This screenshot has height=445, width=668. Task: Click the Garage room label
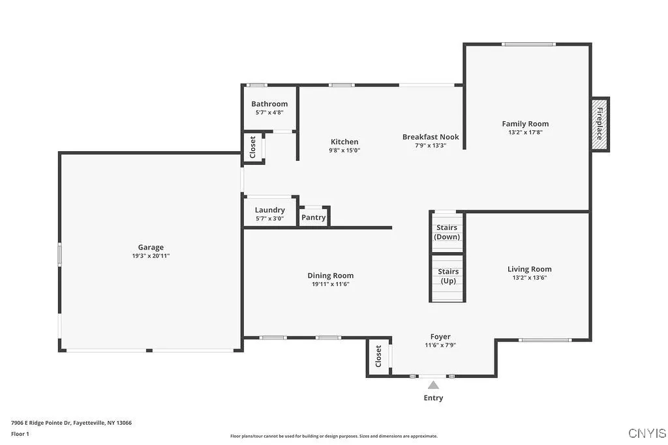pyautogui.click(x=150, y=247)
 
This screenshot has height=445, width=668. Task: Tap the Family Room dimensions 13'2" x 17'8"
pyautogui.click(x=525, y=132)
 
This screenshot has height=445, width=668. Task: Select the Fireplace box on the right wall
pyautogui.click(x=600, y=124)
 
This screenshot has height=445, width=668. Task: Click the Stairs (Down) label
pyautogui.click(x=448, y=233)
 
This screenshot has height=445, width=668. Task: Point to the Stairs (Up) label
pyautogui.click(x=448, y=276)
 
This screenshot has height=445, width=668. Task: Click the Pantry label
pyautogui.click(x=314, y=218)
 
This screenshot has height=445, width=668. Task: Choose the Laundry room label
pyautogui.click(x=269, y=210)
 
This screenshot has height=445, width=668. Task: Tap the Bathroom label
pyautogui.click(x=269, y=104)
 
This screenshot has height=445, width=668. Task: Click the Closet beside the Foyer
pyautogui.click(x=378, y=357)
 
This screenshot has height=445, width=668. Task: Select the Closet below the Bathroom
pyautogui.click(x=253, y=147)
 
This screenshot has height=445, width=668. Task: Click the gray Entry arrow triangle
pyautogui.click(x=433, y=386)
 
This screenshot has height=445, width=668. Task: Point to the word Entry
pyautogui.click(x=433, y=398)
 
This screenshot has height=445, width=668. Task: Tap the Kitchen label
pyautogui.click(x=344, y=141)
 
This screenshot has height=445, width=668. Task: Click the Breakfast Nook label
pyautogui.click(x=431, y=137)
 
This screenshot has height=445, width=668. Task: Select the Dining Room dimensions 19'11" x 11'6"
pyautogui.click(x=331, y=284)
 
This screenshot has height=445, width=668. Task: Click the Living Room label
pyautogui.click(x=529, y=269)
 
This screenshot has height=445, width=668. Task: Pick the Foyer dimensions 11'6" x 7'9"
pyautogui.click(x=440, y=345)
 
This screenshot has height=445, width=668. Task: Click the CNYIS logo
pyautogui.click(x=646, y=433)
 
